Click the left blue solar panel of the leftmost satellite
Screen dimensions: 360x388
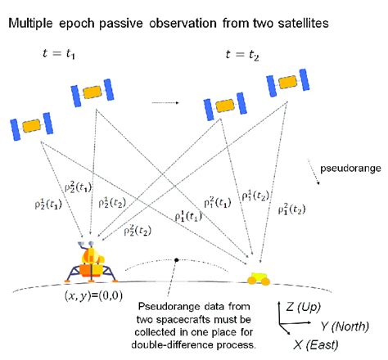point(15,129)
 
